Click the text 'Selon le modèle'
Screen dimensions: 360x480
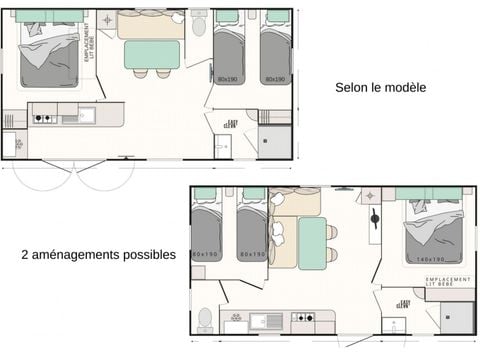(380, 88)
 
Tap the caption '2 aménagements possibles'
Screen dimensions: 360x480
(98, 254)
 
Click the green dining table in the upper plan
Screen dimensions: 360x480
(152, 54)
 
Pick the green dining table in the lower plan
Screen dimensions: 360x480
(312, 243)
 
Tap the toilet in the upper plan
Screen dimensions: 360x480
(198, 22)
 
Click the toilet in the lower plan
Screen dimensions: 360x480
(205, 319)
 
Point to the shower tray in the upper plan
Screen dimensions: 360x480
(274, 142)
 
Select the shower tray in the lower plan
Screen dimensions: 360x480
(457, 319)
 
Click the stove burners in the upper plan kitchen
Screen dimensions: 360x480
(44, 117)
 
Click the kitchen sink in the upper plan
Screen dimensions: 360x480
(84, 115)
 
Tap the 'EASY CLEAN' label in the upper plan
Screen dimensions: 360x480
(232, 123)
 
